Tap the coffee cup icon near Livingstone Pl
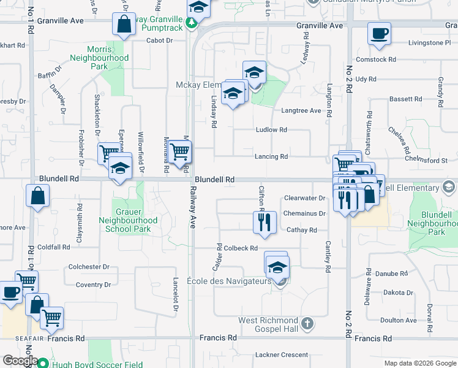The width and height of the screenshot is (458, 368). [378, 33]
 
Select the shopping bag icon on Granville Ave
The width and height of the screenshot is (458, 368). [123, 25]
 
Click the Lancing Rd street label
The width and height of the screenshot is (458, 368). [271, 157]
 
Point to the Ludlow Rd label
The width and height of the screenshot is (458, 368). [271, 130]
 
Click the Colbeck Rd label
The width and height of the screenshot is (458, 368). [241, 248]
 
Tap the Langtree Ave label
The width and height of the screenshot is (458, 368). [301, 111]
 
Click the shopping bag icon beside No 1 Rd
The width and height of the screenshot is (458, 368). [37, 196]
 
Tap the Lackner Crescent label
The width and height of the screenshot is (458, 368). [281, 355]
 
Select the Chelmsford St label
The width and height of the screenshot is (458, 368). [427, 161]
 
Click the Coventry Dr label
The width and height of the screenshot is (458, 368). [93, 285]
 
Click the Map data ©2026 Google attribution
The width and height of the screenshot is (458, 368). [419, 363]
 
